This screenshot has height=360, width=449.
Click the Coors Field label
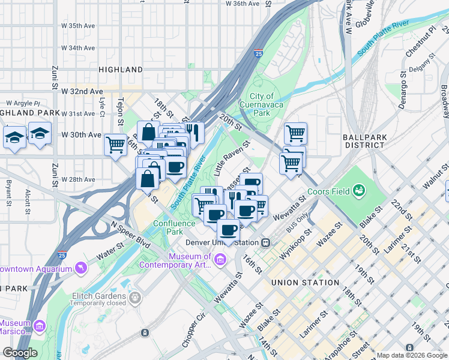pos(328,191)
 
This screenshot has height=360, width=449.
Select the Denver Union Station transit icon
pos(265,243)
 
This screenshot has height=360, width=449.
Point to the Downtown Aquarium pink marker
pos(80,268)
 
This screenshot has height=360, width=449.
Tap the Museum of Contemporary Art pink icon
pos(220,260)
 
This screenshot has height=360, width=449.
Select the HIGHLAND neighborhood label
pos(121,70)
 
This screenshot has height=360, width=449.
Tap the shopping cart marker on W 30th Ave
pos(115,144)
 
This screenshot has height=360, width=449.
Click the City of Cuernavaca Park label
pos(261,104)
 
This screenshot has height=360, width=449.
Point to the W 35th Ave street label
pos(79,26)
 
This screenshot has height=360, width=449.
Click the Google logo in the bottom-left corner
pos(20,353)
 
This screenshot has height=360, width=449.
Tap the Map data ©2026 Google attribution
pos(412,355)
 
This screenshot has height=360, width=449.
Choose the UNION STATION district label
pos(304,283)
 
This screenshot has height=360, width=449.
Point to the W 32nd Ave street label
pos(82,91)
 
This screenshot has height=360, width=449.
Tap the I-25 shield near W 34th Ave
pos(258,53)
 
